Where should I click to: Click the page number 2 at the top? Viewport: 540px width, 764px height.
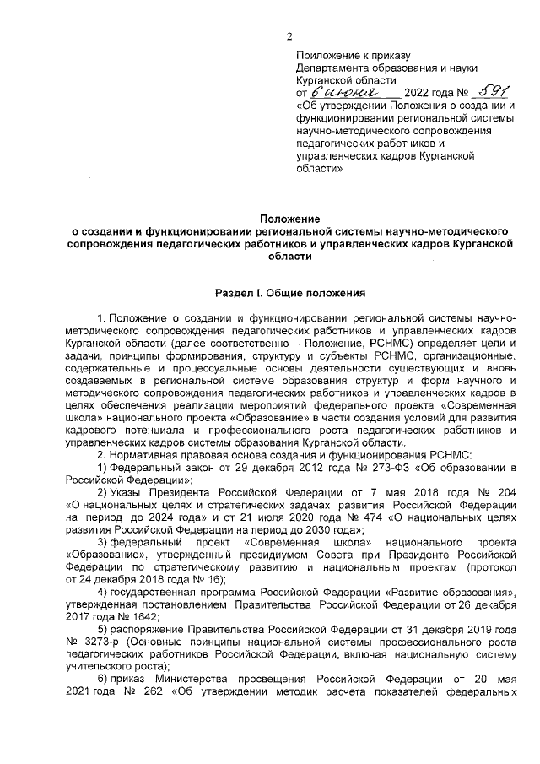pyautogui.click(x=289, y=35)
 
